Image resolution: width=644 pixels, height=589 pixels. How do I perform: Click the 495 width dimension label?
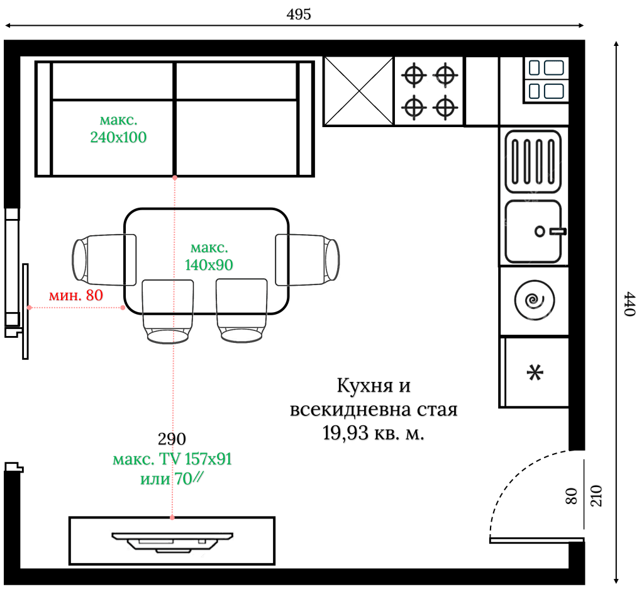point(299,14)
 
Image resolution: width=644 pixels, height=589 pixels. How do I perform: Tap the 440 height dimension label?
point(628,304)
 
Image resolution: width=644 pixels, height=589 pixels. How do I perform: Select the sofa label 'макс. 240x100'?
point(118,129)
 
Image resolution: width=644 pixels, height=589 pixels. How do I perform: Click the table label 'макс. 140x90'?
point(209,256)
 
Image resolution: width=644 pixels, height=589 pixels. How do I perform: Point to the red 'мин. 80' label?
point(75,294)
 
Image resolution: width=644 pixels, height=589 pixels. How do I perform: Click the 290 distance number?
point(172,439)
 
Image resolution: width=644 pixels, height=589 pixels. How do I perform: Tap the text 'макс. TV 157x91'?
point(172,460)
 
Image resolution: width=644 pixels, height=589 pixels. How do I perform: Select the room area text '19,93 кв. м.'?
point(374,434)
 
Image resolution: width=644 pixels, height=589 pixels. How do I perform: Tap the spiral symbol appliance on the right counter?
point(535,301)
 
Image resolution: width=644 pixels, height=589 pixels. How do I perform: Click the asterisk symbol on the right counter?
point(535,373)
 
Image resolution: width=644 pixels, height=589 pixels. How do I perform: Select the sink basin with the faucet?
point(533,231)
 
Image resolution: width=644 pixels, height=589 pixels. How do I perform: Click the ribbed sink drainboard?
point(533,160)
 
